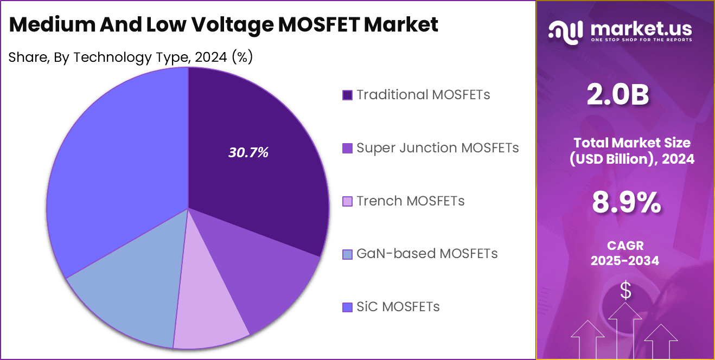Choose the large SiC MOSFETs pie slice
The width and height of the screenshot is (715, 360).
click(114, 163)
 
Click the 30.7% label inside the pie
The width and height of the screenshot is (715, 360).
click(248, 153)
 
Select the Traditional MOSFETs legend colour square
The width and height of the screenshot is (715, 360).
click(347, 95)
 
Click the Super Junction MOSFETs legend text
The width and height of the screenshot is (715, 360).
click(437, 147)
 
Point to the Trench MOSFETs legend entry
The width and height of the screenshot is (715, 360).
click(410, 201)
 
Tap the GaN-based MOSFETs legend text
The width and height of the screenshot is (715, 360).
click(426, 253)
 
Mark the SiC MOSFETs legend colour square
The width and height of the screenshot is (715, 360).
click(347, 307)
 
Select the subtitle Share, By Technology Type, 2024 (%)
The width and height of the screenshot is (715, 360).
click(130, 57)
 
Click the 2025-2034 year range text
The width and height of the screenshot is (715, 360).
click(625, 261)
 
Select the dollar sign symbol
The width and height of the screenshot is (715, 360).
click(625, 291)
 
